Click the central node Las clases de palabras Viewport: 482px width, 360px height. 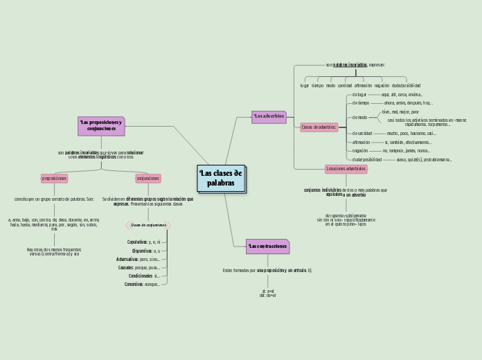coord(221,178)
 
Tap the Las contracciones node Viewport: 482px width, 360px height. coord(267,246)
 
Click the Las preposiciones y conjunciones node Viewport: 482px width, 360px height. coord(101,126)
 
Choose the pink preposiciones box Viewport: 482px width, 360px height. coord(54,179)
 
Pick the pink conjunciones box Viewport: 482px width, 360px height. coord(148,179)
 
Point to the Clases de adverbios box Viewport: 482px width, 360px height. coord(319,127)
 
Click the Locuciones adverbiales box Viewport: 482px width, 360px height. coord(346,168)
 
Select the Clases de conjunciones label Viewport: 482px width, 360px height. coord(148,225)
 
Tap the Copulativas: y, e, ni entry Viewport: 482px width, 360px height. coord(143,242)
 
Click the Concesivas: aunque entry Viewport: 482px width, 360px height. coord(143,285)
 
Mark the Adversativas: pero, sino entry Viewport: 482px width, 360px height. coord(139,259)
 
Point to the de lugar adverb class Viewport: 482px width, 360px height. coord(359,94)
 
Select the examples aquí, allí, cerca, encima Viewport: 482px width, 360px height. coord(402,94)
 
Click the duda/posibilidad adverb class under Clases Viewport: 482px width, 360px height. coord(367,159)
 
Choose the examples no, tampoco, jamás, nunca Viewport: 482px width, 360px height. coord(406,150)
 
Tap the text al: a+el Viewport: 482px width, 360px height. coord(268,291)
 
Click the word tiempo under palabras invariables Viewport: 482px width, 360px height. coord(317,86)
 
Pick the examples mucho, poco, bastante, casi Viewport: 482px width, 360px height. coord(411,133)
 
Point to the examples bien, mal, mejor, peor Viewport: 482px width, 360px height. coord(400,111)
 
